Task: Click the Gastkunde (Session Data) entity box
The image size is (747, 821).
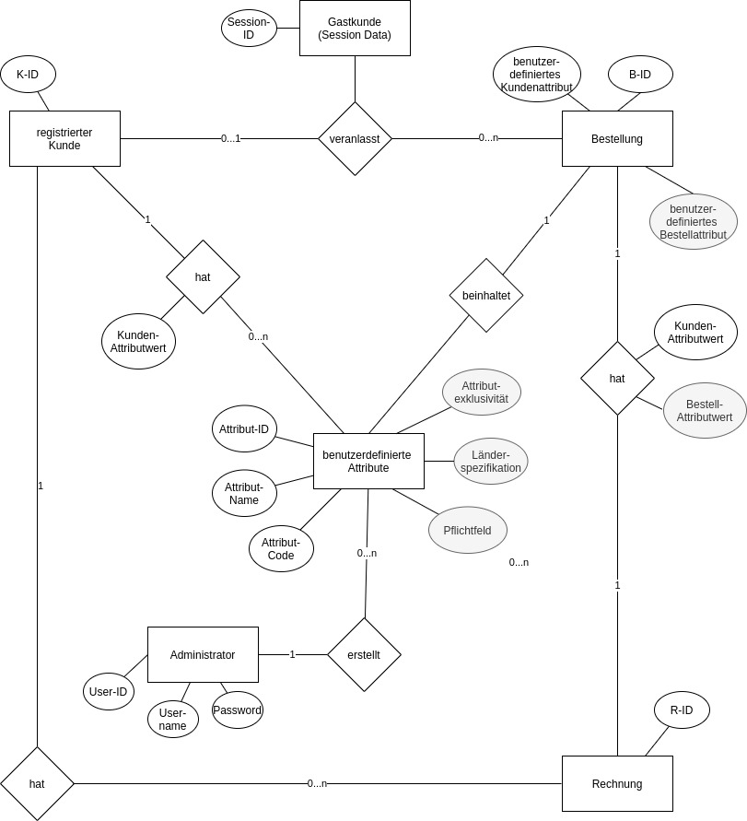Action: [355, 29]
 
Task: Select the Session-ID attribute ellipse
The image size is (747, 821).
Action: [249, 28]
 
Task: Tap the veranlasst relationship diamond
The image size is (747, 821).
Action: [355, 138]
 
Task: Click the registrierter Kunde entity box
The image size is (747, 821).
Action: [64, 139]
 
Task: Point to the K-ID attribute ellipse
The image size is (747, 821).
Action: [28, 75]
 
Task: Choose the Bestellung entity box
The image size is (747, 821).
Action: [617, 139]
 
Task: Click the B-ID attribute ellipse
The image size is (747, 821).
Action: [640, 75]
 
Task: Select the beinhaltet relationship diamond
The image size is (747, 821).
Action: [486, 295]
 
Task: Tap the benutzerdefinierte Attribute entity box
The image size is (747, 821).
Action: [368, 461]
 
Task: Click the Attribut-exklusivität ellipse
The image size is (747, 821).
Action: [482, 392]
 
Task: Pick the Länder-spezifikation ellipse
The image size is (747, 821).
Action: [491, 461]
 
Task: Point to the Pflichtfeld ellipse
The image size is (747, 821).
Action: [467, 531]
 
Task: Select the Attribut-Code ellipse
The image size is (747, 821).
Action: [281, 549]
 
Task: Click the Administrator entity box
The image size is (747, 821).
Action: [203, 655]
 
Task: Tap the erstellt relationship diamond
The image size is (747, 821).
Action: [364, 654]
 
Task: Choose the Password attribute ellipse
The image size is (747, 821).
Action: [238, 710]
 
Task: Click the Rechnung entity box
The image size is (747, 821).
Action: [617, 784]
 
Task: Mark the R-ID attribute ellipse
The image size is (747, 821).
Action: [682, 710]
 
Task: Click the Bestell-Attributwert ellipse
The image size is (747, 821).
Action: [705, 411]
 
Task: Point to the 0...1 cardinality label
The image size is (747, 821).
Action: [230, 138]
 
